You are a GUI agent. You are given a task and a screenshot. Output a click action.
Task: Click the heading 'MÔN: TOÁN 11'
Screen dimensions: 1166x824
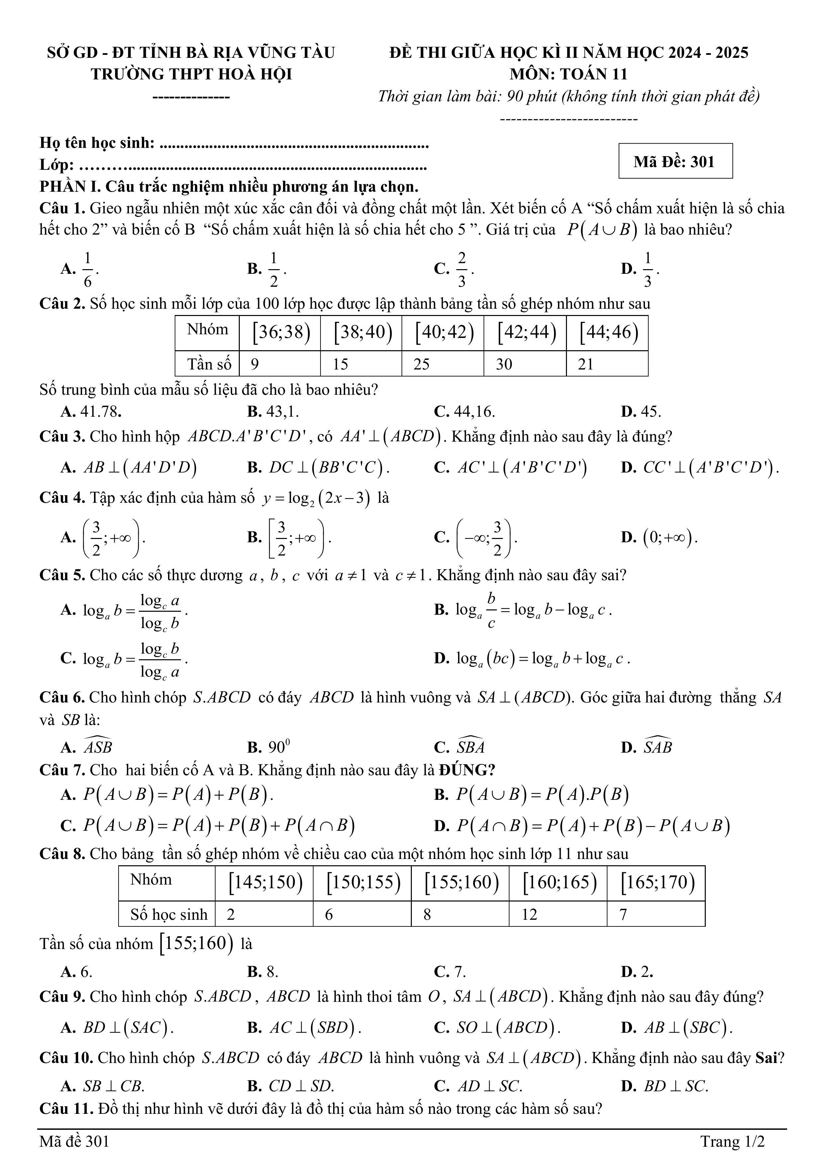point(569,75)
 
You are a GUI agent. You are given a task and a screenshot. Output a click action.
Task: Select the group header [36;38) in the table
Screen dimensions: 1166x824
point(281,332)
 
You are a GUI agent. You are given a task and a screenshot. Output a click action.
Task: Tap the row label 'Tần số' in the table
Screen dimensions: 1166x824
point(209,364)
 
